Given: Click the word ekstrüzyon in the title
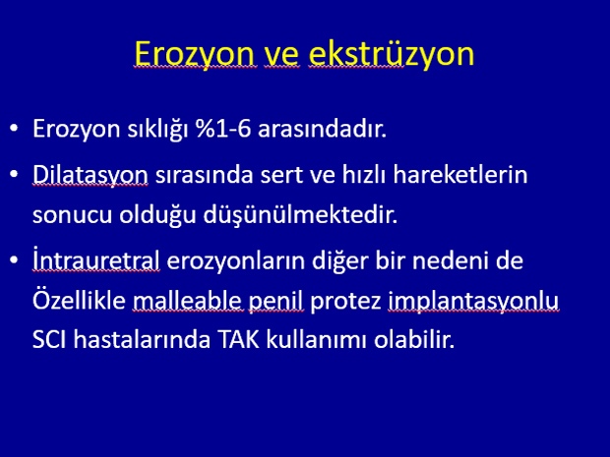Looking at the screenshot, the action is [x=392, y=54].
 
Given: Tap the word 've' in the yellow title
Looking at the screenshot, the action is [x=282, y=56].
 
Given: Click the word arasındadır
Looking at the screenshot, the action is [x=322, y=129].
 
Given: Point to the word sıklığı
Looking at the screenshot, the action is [x=158, y=130].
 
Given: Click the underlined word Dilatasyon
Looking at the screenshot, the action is [x=91, y=175].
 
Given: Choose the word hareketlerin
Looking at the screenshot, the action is [x=460, y=175].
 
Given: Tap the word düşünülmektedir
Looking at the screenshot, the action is [x=300, y=215].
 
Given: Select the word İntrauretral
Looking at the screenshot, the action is [x=96, y=259].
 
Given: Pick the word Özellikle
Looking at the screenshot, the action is [x=79, y=300].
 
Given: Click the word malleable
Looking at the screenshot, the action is [x=188, y=300].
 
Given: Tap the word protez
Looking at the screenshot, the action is [x=345, y=301].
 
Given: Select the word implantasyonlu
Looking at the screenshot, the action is [x=473, y=301].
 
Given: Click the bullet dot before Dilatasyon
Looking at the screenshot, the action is [x=15, y=175].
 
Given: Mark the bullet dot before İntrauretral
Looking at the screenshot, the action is [x=15, y=260].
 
